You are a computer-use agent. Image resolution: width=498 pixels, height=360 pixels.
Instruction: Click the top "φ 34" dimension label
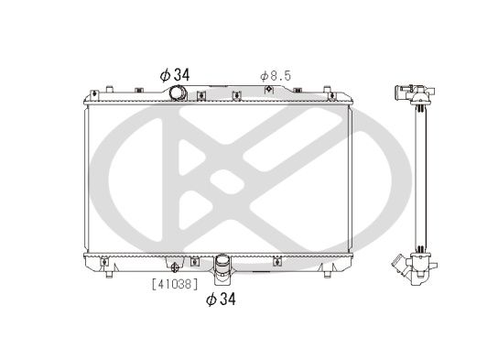[x=173, y=73]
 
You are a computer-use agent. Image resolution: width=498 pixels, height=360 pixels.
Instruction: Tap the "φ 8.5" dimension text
[x=274, y=75]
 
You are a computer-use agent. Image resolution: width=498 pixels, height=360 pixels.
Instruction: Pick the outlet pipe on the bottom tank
[x=222, y=267]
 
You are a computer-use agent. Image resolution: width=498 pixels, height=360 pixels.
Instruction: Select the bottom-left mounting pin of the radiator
[x=107, y=271]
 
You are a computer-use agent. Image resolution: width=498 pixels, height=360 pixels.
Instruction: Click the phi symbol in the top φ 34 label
[x=163, y=73]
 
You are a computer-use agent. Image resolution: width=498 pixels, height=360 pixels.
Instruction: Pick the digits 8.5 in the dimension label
[x=279, y=75]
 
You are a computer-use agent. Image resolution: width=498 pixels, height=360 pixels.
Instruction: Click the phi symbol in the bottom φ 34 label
[x=211, y=300]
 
